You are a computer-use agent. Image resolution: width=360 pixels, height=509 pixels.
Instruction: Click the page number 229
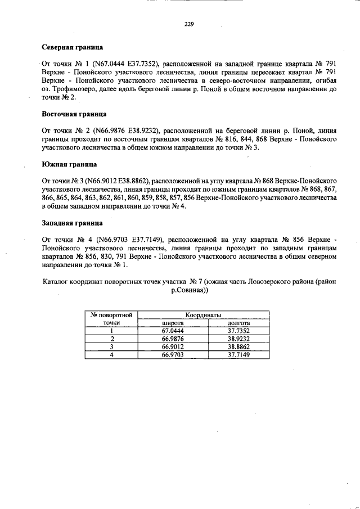[x=189, y=24]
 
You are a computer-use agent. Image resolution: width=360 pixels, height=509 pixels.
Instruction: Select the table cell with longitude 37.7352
[x=238, y=331]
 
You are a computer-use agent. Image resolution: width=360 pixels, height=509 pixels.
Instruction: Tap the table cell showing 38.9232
[x=238, y=339]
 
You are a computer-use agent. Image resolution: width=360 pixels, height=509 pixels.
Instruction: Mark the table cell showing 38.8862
[x=238, y=347]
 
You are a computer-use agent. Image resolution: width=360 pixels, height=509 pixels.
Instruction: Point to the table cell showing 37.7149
[x=238, y=355]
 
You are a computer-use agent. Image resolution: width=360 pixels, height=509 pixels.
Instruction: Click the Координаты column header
[x=203, y=315]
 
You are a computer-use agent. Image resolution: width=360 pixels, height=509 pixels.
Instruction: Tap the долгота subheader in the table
[x=238, y=323]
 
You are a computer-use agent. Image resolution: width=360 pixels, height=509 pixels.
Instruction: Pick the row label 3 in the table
[x=112, y=347]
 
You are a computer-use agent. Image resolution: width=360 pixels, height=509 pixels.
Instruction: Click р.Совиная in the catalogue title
[x=189, y=291]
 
